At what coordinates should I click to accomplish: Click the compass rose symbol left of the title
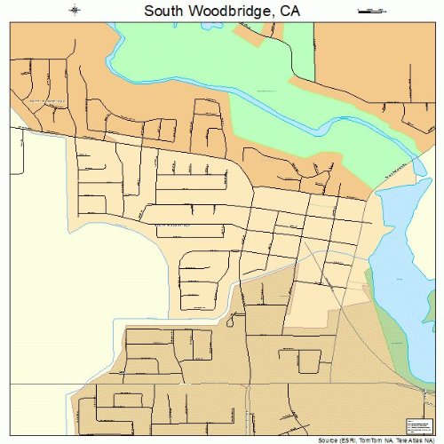pos(76,11)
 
